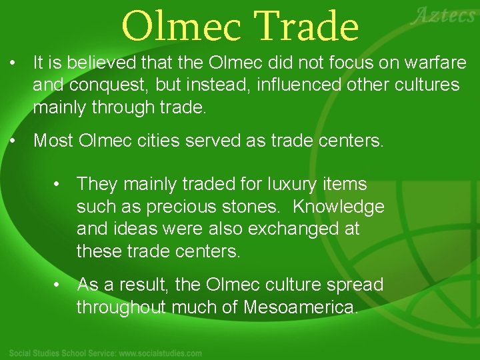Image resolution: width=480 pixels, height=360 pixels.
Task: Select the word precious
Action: click(177, 207)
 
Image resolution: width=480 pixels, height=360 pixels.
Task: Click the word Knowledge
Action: click(338, 207)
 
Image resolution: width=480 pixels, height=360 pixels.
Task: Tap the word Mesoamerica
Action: click(301, 307)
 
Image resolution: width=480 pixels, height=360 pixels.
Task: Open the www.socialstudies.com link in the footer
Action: click(161, 353)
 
